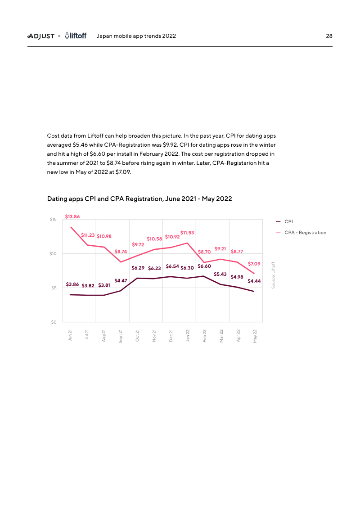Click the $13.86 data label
point(72,216)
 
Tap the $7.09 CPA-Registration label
point(254,263)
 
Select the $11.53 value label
point(187,233)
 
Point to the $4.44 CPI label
point(254,281)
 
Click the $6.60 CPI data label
point(204,266)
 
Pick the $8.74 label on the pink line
point(121,252)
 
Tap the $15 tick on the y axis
point(53,220)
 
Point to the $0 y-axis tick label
point(54,322)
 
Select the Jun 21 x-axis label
point(70,336)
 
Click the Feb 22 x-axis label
point(204,336)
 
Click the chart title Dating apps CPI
point(139,198)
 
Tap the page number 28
point(329,36)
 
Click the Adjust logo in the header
point(41,36)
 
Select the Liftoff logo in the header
point(75,36)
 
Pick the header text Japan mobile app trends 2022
point(136,36)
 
